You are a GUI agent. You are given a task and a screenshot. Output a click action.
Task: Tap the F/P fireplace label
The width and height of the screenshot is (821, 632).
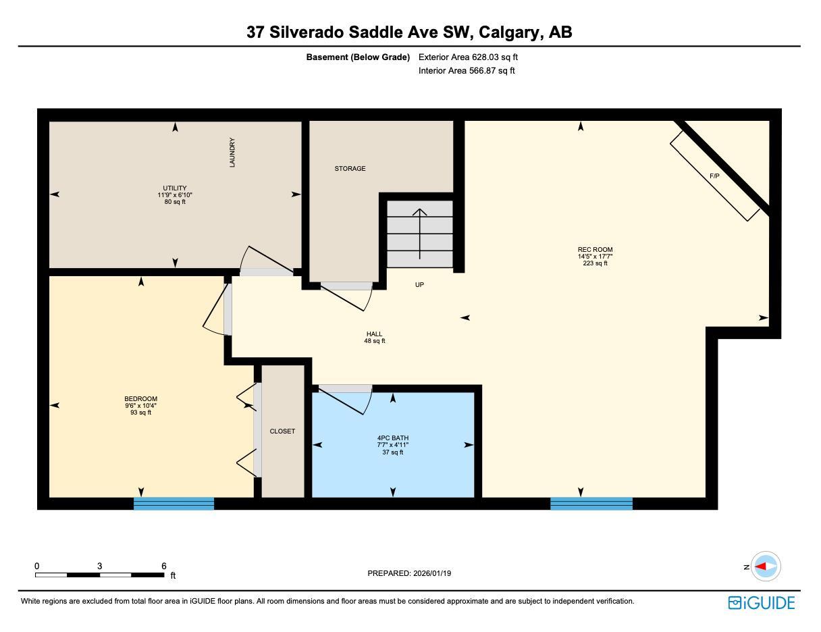(x=714, y=176)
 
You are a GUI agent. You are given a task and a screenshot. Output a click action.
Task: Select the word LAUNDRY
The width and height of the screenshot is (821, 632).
(x=232, y=153)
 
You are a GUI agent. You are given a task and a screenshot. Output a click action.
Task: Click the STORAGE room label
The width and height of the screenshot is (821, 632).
(x=350, y=169)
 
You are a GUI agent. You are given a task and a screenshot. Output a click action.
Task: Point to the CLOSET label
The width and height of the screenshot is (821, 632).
(x=282, y=431)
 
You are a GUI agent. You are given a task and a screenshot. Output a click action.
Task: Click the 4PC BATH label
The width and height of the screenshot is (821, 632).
(x=392, y=438)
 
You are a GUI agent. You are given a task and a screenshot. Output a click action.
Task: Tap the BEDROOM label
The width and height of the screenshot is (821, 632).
(x=140, y=399)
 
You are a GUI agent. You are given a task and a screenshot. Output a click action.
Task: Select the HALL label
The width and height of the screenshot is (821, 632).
(x=374, y=334)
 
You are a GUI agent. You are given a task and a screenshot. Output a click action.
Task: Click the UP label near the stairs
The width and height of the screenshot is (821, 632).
(x=419, y=285)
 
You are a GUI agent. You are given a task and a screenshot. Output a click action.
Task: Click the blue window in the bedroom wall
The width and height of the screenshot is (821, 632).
(x=174, y=503)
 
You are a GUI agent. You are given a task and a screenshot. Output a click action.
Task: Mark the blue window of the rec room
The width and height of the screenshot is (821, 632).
(x=591, y=503)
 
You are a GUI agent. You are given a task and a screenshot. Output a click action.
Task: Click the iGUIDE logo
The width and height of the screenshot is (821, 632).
(x=762, y=603)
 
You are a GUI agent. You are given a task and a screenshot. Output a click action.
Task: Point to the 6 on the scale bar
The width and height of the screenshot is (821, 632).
(x=164, y=567)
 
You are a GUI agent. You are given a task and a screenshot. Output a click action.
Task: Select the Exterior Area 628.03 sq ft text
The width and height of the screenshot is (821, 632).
(x=468, y=57)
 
